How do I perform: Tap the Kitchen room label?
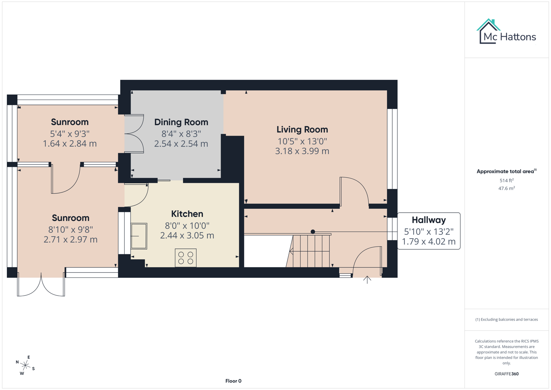point(187,214)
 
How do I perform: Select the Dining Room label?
point(181,122)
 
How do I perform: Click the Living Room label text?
point(302,129)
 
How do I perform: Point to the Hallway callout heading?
point(429,220)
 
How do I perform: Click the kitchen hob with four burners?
point(186,258)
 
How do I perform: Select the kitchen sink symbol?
point(139,236)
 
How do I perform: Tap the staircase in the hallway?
point(311,251)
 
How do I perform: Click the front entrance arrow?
point(367,279)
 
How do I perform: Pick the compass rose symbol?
point(25,365)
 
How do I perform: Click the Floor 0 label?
point(233,381)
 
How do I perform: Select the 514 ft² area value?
point(506,180)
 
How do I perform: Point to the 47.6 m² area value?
point(506,188)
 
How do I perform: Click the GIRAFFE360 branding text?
point(506,374)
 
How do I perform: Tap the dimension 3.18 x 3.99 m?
point(302,151)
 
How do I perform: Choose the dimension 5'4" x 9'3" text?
point(70,134)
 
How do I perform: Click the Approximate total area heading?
point(505,172)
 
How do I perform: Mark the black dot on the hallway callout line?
point(313,232)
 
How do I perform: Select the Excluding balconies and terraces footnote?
point(506,319)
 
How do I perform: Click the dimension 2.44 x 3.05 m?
point(187,235)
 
